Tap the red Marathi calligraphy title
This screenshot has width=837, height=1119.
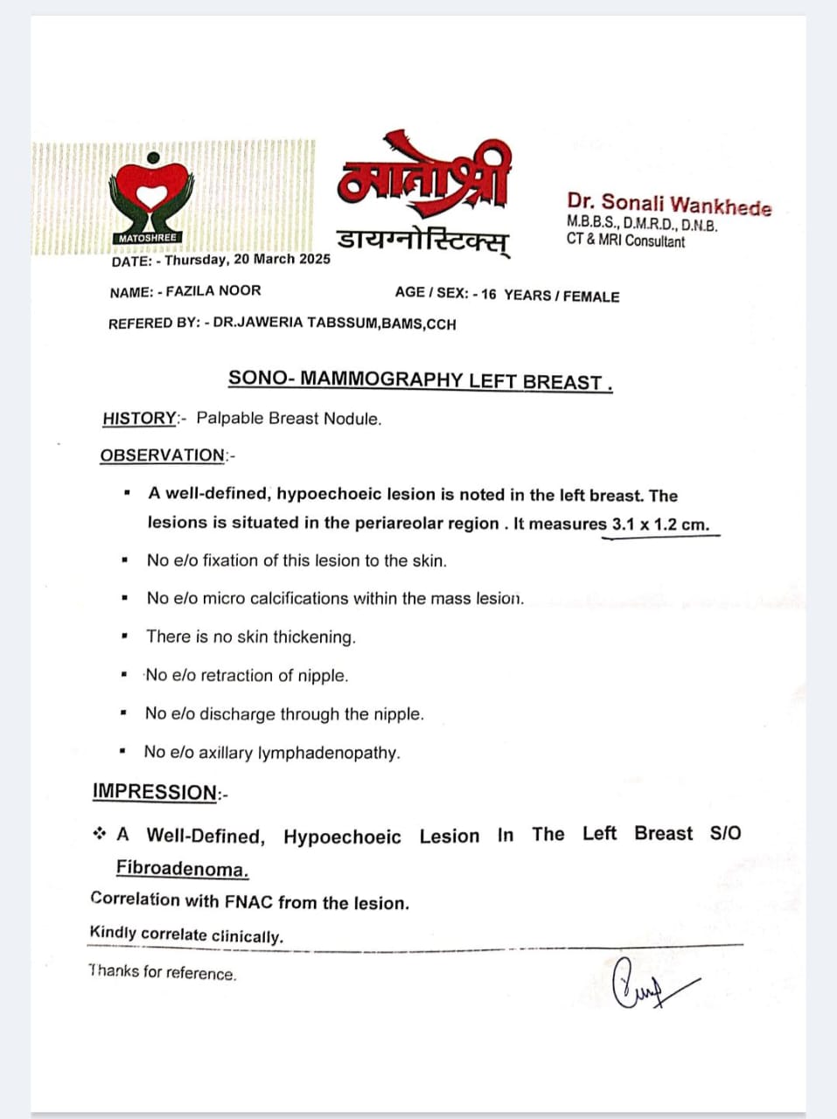click(422, 178)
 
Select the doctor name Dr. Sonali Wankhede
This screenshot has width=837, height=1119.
click(669, 205)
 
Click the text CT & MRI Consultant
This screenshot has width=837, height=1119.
click(625, 240)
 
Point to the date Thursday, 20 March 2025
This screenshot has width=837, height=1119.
click(248, 260)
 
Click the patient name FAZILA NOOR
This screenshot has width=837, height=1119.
click(213, 291)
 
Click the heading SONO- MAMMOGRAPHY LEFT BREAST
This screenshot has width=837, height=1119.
click(419, 380)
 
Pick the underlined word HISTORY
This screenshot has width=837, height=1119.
click(140, 418)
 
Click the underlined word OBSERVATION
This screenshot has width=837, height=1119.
click(163, 455)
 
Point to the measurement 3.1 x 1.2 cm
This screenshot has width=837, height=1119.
click(660, 525)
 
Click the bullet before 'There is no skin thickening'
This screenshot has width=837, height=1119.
click(126, 636)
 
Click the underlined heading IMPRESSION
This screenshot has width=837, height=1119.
click(155, 792)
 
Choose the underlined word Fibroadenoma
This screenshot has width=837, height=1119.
click(182, 869)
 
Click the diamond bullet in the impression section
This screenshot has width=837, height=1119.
click(100, 834)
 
